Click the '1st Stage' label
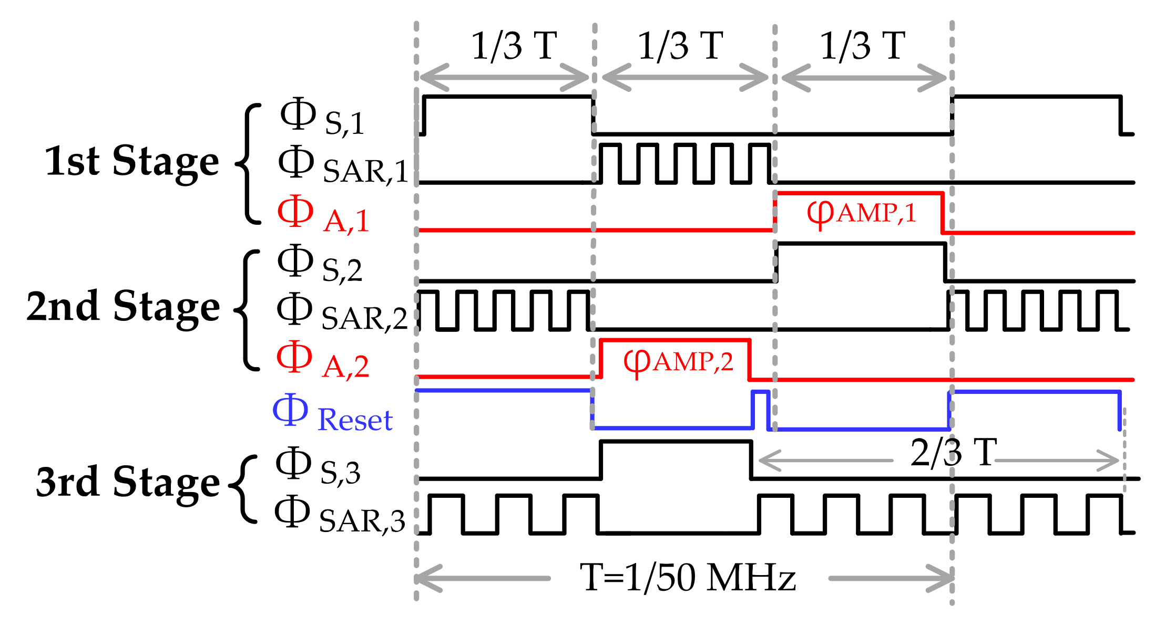click(x=131, y=161)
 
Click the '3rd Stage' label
click(x=127, y=482)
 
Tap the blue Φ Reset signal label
click(x=332, y=414)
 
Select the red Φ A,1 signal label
click(x=323, y=215)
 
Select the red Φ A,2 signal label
click(x=322, y=361)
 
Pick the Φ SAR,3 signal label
click(x=340, y=516)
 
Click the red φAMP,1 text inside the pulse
click(x=861, y=213)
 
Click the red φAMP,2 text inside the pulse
click(x=678, y=362)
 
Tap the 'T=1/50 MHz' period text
click(x=688, y=578)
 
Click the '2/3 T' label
click(x=953, y=452)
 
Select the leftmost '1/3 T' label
click(x=513, y=46)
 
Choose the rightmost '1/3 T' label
click(x=862, y=46)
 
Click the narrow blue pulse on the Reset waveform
click(x=761, y=410)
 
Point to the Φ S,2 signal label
click(x=320, y=264)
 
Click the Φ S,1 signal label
click(x=322, y=118)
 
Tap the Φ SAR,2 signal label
click(x=342, y=313)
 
